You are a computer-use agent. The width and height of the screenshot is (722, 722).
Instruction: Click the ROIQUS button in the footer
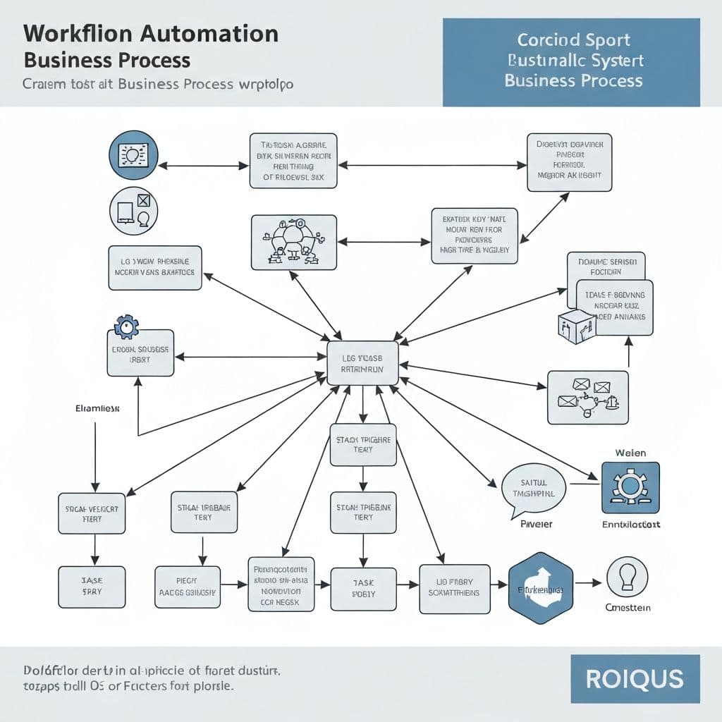pyautogui.click(x=635, y=679)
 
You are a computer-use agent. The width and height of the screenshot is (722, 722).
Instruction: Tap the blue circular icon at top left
pyautogui.click(x=133, y=154)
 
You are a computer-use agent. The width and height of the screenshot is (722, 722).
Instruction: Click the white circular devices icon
pyautogui.click(x=133, y=211)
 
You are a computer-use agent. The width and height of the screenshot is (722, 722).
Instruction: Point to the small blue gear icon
pyautogui.click(x=126, y=326)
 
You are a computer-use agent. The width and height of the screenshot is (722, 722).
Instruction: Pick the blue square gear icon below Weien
pyautogui.click(x=630, y=487)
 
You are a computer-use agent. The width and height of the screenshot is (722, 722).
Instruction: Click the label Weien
pyautogui.click(x=630, y=453)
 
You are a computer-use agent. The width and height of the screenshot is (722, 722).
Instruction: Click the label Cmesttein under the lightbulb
pyautogui.click(x=628, y=608)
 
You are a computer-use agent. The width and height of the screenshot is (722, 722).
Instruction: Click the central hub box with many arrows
pyautogui.click(x=362, y=363)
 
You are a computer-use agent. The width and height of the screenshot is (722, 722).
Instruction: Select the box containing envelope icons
pyautogui.click(x=587, y=397)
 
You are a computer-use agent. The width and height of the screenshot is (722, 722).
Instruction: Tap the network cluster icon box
pyautogui.click(x=293, y=242)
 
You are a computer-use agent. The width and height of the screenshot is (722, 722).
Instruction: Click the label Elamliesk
pyautogui.click(x=97, y=408)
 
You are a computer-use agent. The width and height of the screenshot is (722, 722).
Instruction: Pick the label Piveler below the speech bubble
pyautogui.click(x=536, y=525)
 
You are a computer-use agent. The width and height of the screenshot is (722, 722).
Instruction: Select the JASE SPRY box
pyautogui.click(x=92, y=587)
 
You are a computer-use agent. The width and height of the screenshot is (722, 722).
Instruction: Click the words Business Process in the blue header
pyautogui.click(x=573, y=80)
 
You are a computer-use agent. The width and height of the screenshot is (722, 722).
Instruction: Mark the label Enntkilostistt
pyautogui.click(x=630, y=525)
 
